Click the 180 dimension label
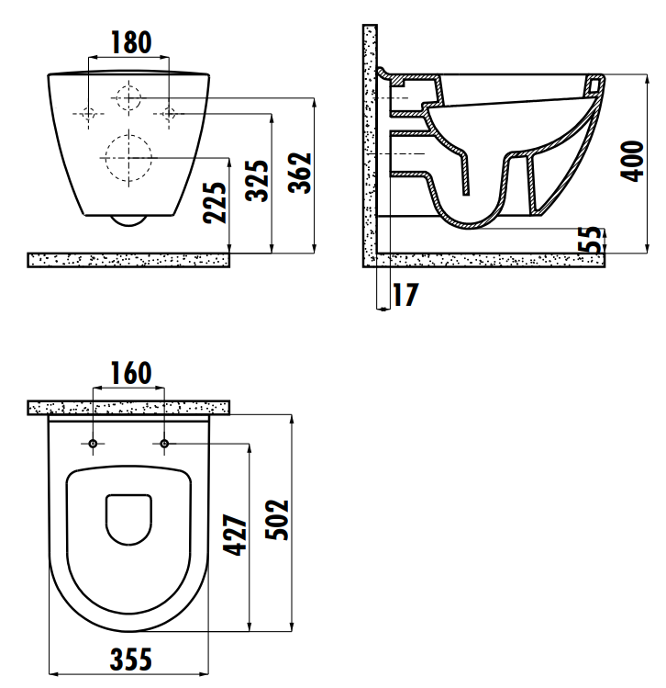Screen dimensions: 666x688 [x=131, y=42]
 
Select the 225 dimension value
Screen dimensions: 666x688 [x=216, y=203]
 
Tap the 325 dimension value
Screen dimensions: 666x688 [x=257, y=181]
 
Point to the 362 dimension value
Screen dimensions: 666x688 [x=300, y=173]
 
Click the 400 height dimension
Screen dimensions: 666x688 [x=632, y=161]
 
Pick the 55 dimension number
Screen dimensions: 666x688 [x=591, y=239]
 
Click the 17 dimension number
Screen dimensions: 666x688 [x=405, y=295]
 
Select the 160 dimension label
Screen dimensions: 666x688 [x=131, y=373]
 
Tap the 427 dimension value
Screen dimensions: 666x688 [x=235, y=535]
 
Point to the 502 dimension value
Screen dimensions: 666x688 [x=277, y=520]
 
